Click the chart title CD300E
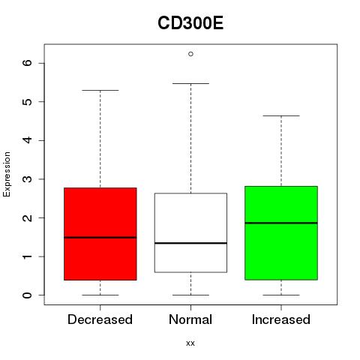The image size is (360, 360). point(190,23)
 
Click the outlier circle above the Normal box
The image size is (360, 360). point(190,54)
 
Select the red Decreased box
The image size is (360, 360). point(100,234)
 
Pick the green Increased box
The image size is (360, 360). point(281,233)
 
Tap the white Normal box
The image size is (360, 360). point(190,232)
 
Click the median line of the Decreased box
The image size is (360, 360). point(100,238)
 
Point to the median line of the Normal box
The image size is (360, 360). point(190,243)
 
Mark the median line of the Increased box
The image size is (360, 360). point(281,223)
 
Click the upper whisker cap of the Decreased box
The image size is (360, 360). point(100,90)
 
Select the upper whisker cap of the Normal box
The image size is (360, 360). point(190,83)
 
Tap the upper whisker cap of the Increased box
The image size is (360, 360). point(281,115)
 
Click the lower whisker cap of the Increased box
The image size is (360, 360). point(281,295)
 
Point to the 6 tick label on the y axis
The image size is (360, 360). point(28,63)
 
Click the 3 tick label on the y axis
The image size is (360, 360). point(28,179)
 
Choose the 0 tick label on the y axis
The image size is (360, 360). point(28,295)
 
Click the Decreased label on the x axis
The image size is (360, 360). point(100,319)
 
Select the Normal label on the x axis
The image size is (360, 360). point(190,319)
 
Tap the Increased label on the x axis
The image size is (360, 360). point(281,319)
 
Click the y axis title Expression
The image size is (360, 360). point(7,175)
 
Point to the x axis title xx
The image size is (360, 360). point(190,343)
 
